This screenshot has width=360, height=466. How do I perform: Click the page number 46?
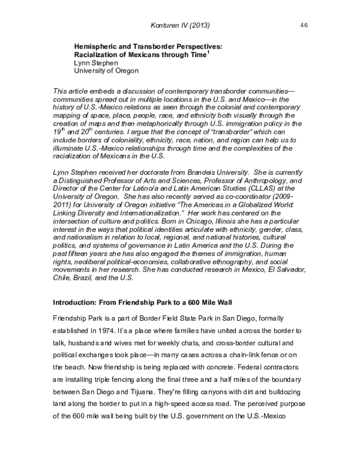click(x=304, y=25)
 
